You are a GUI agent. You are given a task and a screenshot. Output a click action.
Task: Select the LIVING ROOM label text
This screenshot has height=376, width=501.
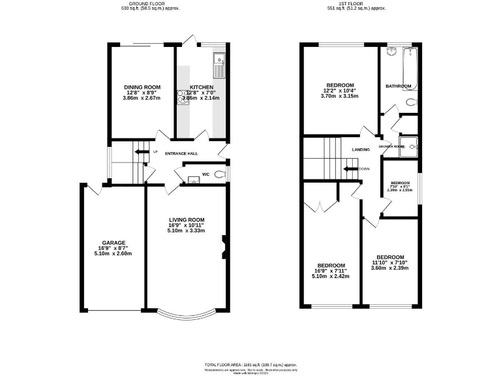tap(187, 219)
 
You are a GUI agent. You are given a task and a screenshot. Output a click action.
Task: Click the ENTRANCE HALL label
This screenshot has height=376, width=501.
tap(181, 153)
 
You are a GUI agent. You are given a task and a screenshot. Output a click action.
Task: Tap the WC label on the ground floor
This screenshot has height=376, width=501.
tap(205, 174)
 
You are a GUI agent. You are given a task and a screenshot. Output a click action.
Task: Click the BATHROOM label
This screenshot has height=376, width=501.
tap(398, 86)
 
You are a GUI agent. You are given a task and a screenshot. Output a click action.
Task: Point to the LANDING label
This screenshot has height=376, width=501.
tap(361, 149)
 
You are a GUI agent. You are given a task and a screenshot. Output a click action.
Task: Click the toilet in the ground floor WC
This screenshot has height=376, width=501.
tap(219, 174)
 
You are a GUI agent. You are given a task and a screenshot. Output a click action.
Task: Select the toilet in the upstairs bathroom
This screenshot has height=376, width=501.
tap(410, 102)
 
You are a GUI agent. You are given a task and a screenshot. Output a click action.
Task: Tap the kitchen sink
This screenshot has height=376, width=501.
tap(218, 60)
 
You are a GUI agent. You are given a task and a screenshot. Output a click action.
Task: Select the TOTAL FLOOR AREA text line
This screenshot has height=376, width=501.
tap(251, 363)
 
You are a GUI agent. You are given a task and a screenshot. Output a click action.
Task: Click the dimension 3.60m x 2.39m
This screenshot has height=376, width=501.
tap(389, 268)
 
